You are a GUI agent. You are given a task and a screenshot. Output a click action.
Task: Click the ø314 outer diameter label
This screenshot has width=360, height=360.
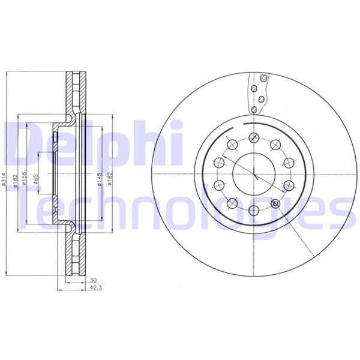tap(5, 179)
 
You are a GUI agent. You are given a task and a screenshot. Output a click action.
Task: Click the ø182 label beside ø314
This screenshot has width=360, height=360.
tap(16, 179)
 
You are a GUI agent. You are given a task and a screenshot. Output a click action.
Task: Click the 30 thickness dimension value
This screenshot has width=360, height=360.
tap(93, 280)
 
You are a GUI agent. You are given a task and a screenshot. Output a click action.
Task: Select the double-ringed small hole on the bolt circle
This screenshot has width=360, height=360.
tap(276, 205)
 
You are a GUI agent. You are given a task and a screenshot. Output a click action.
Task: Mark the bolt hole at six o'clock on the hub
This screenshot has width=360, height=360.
tap(253, 211)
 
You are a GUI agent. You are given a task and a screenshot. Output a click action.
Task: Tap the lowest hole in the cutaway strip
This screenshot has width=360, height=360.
tap(254, 109)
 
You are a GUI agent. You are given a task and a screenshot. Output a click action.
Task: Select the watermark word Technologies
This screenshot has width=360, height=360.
tap(180, 207)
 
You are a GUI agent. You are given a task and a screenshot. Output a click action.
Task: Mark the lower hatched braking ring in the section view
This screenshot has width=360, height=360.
tap(74, 255)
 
